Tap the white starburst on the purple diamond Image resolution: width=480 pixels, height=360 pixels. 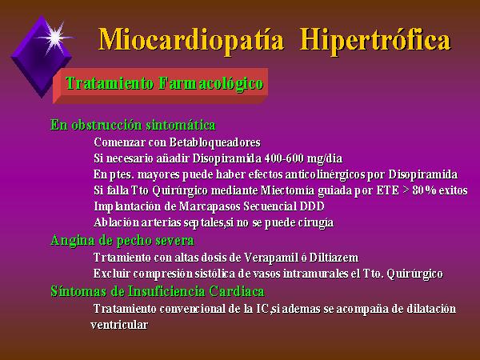(x=55, y=38)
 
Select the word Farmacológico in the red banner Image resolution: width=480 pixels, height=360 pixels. (x=211, y=83)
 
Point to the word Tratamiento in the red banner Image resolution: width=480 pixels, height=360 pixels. (x=110, y=83)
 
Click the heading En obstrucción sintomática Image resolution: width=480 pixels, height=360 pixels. (x=133, y=125)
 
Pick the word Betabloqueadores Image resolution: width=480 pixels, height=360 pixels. (x=215, y=142)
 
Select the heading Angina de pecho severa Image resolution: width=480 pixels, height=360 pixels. (x=122, y=241)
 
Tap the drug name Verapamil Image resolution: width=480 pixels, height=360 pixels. (x=271, y=258)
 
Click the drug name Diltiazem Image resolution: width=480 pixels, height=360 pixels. (x=334, y=258)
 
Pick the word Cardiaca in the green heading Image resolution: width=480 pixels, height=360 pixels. (x=237, y=291)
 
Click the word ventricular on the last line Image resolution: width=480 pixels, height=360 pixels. (x=119, y=325)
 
